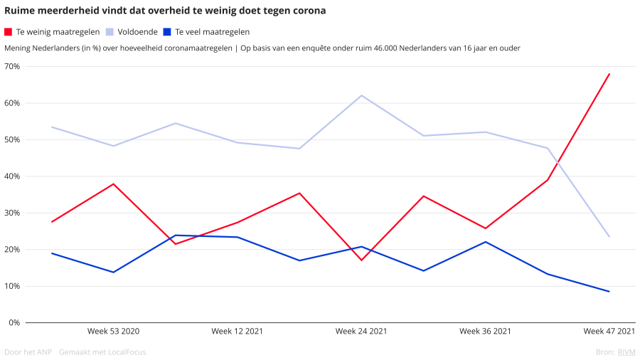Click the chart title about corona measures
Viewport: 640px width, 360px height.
point(165,11)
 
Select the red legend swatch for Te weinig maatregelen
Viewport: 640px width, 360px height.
point(8,32)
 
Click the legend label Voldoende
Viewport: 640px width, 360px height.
point(137,32)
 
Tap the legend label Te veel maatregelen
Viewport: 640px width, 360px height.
point(212,32)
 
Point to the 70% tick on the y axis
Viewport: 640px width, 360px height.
point(11,67)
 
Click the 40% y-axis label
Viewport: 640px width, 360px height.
point(11,176)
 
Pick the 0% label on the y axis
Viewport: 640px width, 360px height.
point(14,322)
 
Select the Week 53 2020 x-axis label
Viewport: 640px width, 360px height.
point(113,331)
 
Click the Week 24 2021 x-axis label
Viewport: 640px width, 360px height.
point(361,331)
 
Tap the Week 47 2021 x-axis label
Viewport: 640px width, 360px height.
point(609,331)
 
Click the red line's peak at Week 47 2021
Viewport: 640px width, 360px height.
point(609,74)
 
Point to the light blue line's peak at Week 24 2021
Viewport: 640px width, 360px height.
point(361,95)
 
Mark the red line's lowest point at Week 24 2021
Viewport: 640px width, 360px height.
point(361,260)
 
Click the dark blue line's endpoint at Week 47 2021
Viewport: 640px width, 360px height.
point(609,292)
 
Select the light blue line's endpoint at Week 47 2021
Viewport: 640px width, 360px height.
point(609,237)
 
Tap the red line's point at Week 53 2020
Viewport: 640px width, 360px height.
point(114,184)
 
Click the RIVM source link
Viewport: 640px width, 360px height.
point(626,352)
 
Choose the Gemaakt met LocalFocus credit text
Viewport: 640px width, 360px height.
point(102,352)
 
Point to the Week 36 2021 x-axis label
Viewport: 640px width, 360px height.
point(485,331)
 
